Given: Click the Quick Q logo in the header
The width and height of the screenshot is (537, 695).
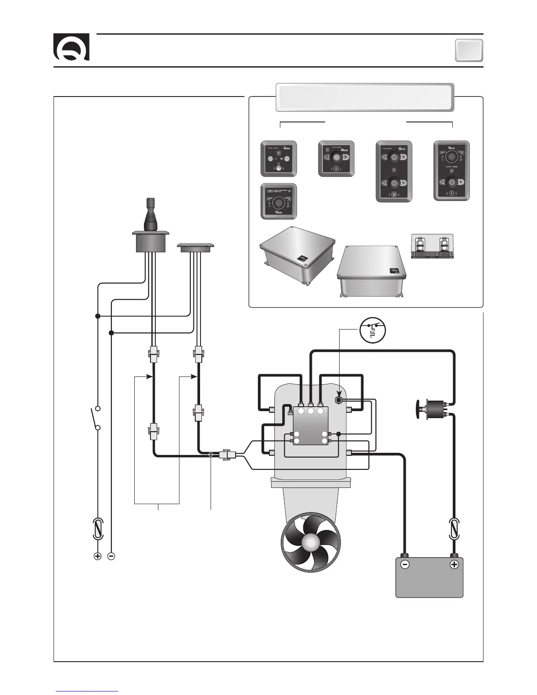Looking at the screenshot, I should [x=72, y=47].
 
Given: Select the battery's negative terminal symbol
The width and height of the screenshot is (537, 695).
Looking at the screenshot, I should [x=405, y=565].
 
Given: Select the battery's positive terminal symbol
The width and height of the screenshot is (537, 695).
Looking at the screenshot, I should [x=454, y=565].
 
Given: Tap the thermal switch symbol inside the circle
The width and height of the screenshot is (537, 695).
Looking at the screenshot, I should [x=372, y=330].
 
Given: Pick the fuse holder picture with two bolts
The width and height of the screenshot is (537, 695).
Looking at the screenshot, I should [x=432, y=247].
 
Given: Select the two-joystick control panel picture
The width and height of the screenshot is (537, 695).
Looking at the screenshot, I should [x=394, y=171].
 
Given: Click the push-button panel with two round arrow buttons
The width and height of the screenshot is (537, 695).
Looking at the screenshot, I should [x=279, y=158].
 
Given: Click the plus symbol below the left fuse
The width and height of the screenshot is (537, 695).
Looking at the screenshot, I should [x=97, y=556].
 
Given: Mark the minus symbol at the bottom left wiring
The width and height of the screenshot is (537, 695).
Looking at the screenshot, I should [x=111, y=556].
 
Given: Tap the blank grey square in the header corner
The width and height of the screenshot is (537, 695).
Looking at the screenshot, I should [x=469, y=50].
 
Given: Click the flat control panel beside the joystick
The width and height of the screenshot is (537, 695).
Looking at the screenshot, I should [x=195, y=247].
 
